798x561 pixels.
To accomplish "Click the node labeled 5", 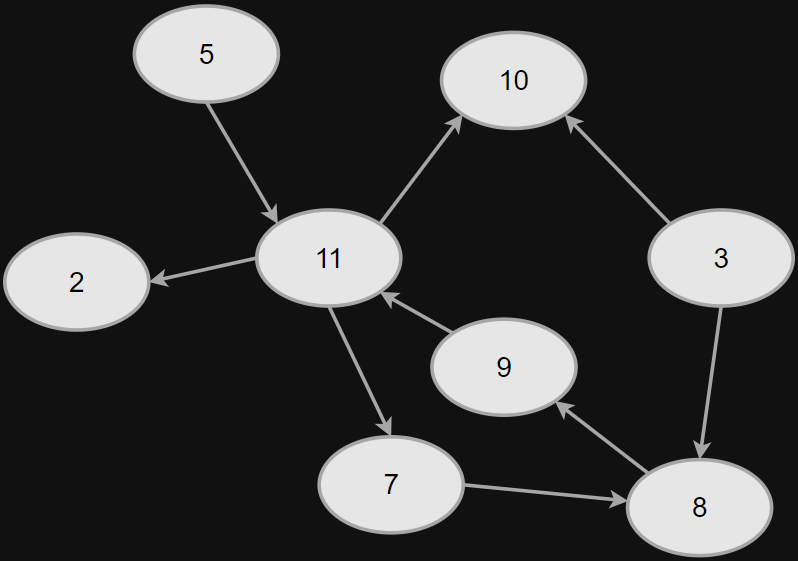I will coord(206,54).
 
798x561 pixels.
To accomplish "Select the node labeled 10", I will coord(513,80).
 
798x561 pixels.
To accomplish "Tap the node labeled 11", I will coord(329,258).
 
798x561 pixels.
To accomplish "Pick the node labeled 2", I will coord(76,282).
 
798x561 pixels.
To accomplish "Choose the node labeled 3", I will coord(720,258).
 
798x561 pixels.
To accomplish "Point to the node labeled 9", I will coord(503,367).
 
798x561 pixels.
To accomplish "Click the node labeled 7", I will coord(390,484).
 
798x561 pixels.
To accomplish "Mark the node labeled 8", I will coord(698,507).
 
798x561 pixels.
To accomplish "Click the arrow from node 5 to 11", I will coord(242,161).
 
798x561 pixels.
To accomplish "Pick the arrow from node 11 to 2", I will coord(204,270).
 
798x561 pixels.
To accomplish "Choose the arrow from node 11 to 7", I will coord(359,370).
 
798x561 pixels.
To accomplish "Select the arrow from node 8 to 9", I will coord(602,437).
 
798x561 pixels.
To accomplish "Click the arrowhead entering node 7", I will coord(385,426).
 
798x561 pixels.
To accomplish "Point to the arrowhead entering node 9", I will coord(564,408).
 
